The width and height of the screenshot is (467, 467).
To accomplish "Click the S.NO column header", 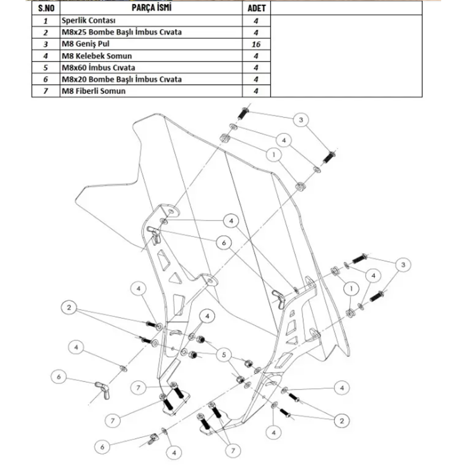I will click(x=46, y=8).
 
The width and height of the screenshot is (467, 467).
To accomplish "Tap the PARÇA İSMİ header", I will click(x=151, y=7).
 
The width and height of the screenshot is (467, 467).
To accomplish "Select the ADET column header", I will click(x=256, y=8).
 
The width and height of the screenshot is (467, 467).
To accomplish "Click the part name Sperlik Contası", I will click(x=88, y=21).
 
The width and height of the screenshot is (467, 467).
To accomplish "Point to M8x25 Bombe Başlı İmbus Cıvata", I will click(x=121, y=32).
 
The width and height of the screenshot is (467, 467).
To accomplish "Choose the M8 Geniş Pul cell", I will click(x=86, y=44).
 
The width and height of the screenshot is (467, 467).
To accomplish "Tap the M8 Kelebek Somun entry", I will click(x=97, y=56).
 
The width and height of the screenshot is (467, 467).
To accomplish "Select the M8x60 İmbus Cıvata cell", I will click(x=98, y=68).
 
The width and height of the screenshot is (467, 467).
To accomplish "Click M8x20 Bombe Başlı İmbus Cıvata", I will click(x=121, y=79).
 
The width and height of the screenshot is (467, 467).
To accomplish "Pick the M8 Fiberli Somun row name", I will click(x=94, y=91).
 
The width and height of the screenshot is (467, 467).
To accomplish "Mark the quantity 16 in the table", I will click(x=256, y=44).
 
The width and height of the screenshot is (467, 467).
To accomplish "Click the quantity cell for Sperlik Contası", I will click(x=256, y=21).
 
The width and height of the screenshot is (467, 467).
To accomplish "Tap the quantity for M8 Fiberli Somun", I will click(x=256, y=91).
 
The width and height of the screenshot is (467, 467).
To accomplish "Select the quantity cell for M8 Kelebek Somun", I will click(x=256, y=56).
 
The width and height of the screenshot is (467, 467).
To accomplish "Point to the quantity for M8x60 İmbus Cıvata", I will click(x=256, y=68).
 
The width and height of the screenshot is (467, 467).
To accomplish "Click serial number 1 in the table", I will click(x=46, y=21).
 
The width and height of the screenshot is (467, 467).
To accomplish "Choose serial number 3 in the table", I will click(x=46, y=44).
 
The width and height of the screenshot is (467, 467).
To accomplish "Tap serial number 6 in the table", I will click(x=46, y=79).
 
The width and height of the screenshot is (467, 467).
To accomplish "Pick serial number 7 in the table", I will click(x=46, y=91).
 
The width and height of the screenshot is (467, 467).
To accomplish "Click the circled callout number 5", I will click(x=224, y=355).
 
